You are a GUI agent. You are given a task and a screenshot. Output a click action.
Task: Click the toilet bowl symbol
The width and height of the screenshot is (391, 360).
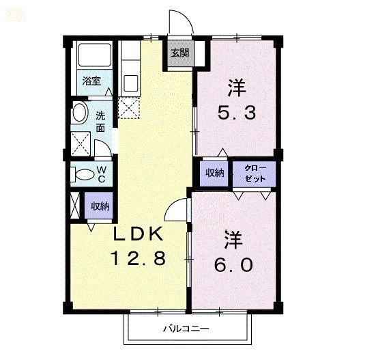click(83, 174)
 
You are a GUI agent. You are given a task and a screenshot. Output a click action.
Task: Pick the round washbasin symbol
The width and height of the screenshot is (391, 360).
click(81, 113)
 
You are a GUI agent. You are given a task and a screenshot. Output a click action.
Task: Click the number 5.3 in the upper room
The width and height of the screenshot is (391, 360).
click(237, 113)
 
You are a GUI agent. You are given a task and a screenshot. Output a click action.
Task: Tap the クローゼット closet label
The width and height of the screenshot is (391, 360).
click(252, 171)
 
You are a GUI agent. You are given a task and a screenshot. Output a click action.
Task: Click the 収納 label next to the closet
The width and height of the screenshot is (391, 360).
click(215, 172)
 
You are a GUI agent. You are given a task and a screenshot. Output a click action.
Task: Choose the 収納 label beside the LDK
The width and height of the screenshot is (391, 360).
click(101, 205)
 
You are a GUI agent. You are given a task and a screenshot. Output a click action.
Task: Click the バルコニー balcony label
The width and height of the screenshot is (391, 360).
click(186, 329)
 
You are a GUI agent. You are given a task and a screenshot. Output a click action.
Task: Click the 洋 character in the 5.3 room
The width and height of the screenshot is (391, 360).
click(236, 87)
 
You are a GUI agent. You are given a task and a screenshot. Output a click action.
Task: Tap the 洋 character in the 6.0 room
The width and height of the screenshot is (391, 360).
click(234, 239)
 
